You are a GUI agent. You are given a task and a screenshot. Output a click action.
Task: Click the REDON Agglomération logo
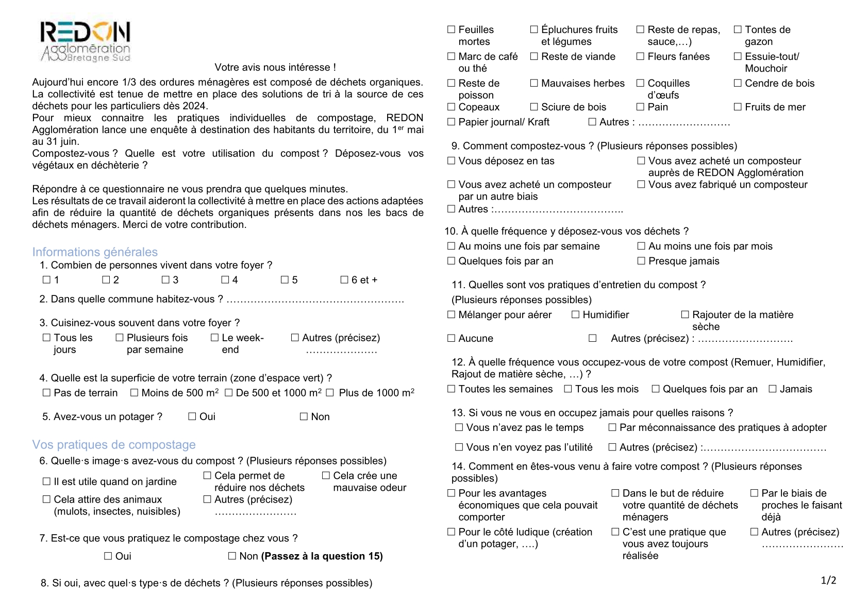pyautogui.click(x=85, y=42)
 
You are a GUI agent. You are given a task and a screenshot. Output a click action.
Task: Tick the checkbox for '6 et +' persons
pyautogui.click(x=344, y=280)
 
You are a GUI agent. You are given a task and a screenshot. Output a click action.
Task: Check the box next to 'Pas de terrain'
pyautogui.click(x=46, y=393)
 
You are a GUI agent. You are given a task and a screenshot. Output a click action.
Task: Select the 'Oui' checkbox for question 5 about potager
pyautogui.click(x=192, y=417)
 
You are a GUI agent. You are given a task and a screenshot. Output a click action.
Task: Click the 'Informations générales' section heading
pyautogui.click(x=95, y=252)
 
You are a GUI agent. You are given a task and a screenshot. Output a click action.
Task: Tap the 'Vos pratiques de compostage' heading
pyautogui.click(x=114, y=444)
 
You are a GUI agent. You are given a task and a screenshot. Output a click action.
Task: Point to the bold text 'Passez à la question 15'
pyautogui.click(x=322, y=556)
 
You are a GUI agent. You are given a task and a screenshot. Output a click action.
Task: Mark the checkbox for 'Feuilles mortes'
pyautogui.click(x=452, y=30)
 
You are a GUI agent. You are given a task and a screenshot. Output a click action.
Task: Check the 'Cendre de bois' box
pyautogui.click(x=738, y=83)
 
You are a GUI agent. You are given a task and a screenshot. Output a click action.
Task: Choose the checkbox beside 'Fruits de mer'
pyautogui.click(x=738, y=107)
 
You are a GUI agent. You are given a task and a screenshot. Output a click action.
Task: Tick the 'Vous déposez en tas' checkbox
pyautogui.click(x=452, y=161)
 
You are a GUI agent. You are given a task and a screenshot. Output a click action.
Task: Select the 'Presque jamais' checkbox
pyautogui.click(x=641, y=261)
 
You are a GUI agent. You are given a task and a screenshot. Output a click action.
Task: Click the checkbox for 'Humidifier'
pyautogui.click(x=576, y=314)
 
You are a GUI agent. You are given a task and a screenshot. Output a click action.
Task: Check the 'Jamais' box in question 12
pyautogui.click(x=773, y=389)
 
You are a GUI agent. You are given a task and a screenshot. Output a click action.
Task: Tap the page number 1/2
pyautogui.click(x=828, y=581)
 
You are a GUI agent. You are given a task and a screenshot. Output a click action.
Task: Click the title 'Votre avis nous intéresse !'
pyautogui.click(x=275, y=68)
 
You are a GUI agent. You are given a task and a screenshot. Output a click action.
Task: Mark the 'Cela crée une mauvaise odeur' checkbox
pyautogui.click(x=326, y=476)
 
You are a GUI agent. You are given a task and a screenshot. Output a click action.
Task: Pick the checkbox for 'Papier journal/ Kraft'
pyautogui.click(x=452, y=122)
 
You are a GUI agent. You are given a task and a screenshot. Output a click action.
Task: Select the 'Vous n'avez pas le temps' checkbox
pyautogui.click(x=459, y=427)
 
